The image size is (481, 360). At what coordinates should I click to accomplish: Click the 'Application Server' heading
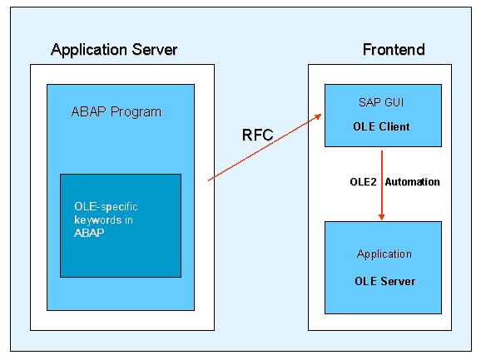coord(114,50)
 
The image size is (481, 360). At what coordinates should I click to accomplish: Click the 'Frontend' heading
coord(393,50)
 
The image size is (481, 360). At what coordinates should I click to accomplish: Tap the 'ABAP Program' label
coord(117,111)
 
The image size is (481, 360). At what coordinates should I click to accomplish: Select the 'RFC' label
coord(256,135)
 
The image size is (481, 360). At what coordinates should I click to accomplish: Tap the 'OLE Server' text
coord(384,281)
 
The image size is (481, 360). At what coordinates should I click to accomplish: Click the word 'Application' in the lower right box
coord(384,254)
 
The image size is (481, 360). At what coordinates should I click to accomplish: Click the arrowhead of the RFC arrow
coord(319,118)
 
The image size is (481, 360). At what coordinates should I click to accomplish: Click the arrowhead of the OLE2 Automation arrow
coord(381,216)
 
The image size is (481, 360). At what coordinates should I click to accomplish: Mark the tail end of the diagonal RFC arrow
coord(209,179)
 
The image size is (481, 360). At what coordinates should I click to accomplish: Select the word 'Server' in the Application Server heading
coord(156,50)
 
